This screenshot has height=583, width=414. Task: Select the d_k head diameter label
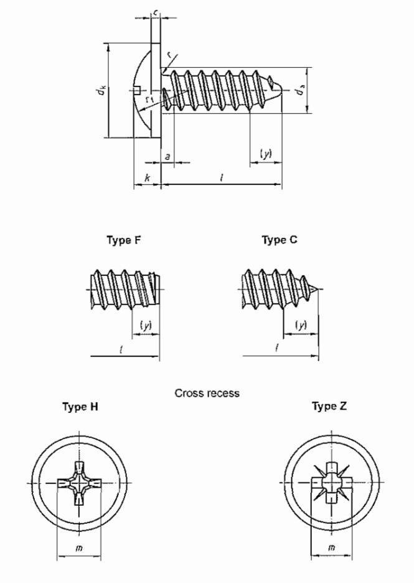pyautogui.click(x=100, y=91)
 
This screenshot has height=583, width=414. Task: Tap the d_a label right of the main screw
pyautogui.click(x=301, y=91)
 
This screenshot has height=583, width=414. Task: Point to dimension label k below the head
pyautogui.click(x=147, y=178)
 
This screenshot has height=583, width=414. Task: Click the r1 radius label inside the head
pyautogui.click(x=148, y=98)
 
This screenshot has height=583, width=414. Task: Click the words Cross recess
pyautogui.click(x=207, y=394)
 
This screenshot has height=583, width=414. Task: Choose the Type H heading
pyautogui.click(x=80, y=407)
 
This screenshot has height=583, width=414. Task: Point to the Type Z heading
pyautogui.click(x=329, y=407)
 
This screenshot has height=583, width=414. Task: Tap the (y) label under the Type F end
pyautogui.click(x=146, y=325)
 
